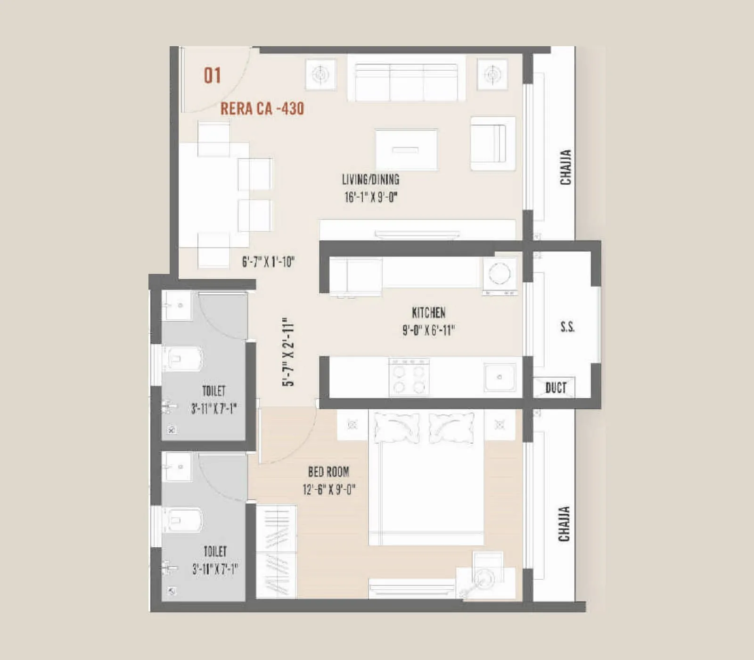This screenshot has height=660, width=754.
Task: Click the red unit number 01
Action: click(x=212, y=75)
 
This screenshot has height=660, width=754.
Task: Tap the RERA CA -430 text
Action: click(x=262, y=109)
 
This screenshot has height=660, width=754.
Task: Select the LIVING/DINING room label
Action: click(x=370, y=180)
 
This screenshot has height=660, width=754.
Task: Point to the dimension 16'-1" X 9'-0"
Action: click(x=371, y=197)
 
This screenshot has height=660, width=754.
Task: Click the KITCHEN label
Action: click(x=428, y=313)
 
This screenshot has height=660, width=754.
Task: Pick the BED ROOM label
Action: click(x=328, y=472)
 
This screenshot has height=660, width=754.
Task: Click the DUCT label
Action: click(x=556, y=388)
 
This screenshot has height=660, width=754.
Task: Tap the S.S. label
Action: click(x=567, y=327)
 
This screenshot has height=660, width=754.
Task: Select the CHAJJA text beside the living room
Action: click(x=565, y=167)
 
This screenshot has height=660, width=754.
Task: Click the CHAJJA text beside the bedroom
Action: click(x=564, y=524)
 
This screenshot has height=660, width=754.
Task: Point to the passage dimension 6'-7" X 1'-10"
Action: click(x=268, y=262)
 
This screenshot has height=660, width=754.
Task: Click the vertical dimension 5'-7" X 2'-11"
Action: click(x=288, y=352)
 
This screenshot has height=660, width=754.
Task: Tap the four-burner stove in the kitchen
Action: click(x=409, y=377)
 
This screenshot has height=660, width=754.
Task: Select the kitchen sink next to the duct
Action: click(x=500, y=377)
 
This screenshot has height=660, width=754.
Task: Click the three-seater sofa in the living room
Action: click(x=406, y=82)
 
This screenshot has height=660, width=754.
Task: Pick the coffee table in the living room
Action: click(x=406, y=149)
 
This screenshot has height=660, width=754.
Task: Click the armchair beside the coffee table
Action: click(x=492, y=143)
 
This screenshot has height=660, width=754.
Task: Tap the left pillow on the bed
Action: click(x=396, y=428)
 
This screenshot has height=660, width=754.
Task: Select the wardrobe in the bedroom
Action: click(x=276, y=552)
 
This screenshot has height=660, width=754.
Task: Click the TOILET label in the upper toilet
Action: click(x=213, y=391)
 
